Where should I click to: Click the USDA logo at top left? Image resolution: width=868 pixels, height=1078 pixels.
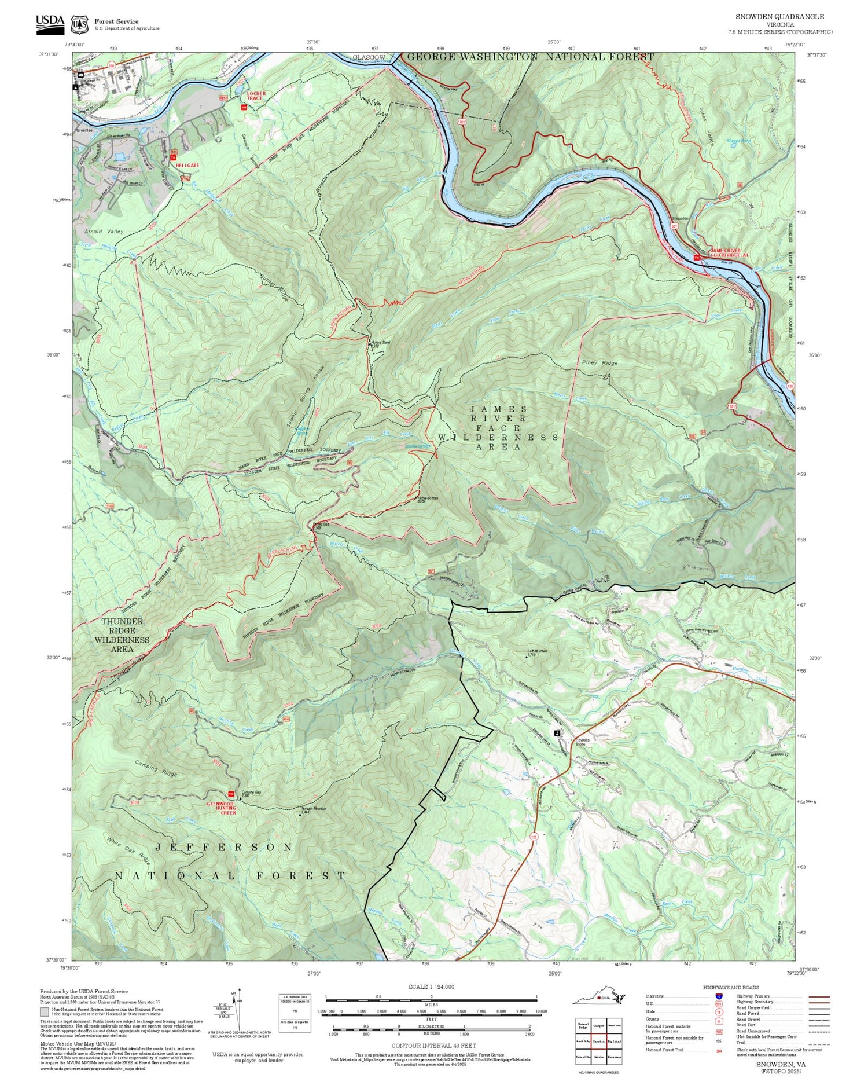50,22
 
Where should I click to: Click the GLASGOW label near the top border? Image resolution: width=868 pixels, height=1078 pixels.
369,58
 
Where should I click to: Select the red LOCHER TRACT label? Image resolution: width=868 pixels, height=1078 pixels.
256,96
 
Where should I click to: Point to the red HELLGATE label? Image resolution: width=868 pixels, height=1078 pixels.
187,166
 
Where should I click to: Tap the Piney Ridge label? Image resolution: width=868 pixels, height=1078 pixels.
600,363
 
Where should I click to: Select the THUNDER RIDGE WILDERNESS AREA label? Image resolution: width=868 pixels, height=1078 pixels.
122,635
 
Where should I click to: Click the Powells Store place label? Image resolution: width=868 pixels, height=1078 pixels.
582,742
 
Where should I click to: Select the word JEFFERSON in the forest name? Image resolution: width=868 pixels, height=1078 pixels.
223,847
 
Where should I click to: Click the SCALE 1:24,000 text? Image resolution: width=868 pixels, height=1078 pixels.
431,987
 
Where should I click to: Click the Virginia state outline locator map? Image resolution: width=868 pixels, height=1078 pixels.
599,996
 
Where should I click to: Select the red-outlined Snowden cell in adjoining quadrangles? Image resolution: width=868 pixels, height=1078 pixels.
599,1041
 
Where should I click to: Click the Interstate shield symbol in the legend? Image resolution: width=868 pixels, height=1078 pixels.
719,996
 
